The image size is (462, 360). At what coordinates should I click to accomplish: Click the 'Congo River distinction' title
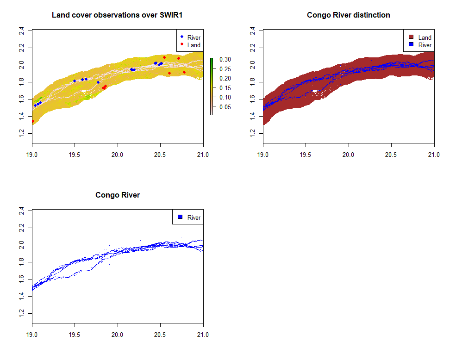(x=348, y=15)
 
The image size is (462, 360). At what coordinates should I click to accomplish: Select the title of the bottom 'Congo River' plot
(x=118, y=195)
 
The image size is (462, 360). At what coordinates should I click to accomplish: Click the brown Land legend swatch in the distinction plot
(x=411, y=37)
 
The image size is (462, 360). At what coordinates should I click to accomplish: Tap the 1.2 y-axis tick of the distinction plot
(x=253, y=134)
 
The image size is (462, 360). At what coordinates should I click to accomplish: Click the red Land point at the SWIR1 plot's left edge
(x=32, y=121)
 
